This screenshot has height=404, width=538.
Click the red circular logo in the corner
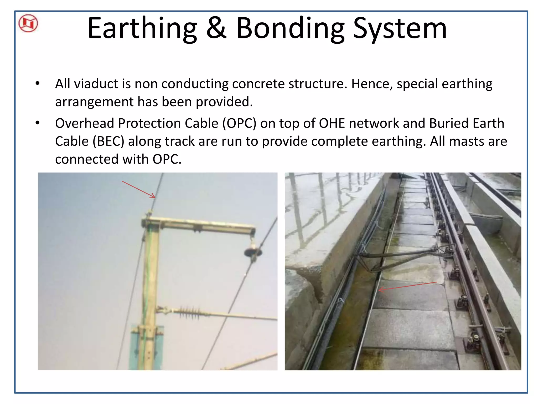tap(28, 23)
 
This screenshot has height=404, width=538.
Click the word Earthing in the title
tap(142, 28)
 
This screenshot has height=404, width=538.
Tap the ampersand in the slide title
tap(216, 28)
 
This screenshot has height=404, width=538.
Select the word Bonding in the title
tap(290, 28)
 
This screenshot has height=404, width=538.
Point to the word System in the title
tap(400, 28)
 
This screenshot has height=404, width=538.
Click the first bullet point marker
tap(38, 84)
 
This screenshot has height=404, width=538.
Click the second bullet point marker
tap(38, 123)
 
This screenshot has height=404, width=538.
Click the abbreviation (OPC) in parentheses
tap(239, 123)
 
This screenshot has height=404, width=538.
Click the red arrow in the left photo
tap(139, 189)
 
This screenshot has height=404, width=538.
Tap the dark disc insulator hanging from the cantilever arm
tap(253, 252)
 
